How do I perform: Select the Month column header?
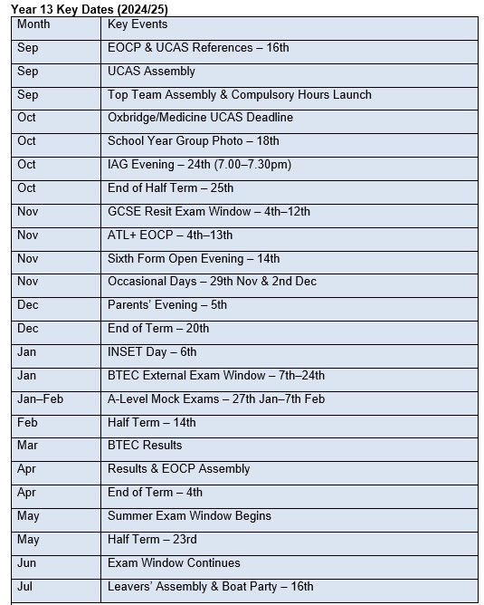33,24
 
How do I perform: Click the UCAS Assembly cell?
151,71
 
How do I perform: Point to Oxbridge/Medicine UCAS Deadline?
200,118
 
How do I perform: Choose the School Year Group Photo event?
193,141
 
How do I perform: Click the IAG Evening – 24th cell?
199,165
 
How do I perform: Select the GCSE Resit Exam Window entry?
208,212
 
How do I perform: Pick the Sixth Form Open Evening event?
194,258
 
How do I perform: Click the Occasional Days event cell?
212,282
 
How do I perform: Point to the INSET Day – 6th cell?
152,352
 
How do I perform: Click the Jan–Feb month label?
41,399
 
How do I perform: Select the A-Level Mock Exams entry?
216,399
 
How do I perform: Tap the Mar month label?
27,446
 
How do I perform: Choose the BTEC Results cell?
145,446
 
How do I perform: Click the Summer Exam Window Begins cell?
189,516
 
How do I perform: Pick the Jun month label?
27,563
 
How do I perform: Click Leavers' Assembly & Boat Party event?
210,587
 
